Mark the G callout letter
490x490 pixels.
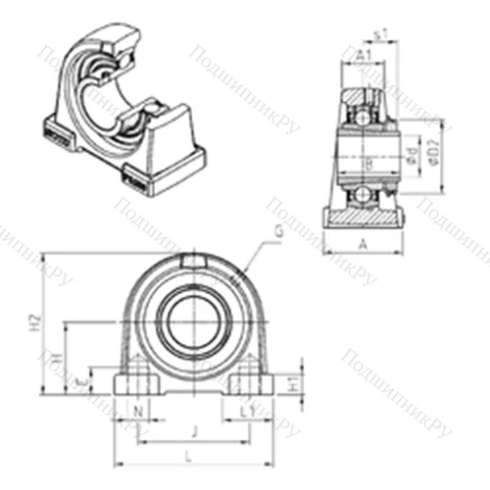[278, 231]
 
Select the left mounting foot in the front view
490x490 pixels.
[134, 381]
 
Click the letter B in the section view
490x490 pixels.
[367, 162]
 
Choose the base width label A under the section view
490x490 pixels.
[364, 244]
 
